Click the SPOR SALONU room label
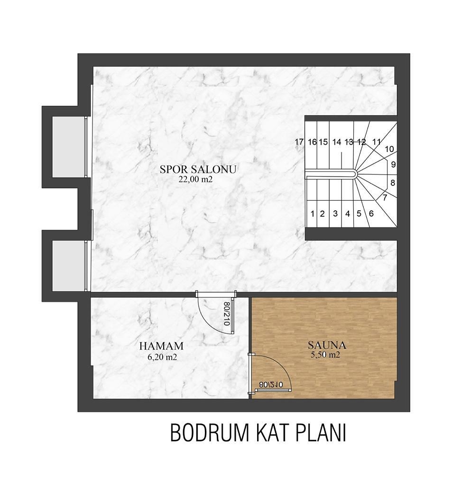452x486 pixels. point(198,169)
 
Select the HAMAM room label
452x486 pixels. point(161,346)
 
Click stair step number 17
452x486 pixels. point(299,141)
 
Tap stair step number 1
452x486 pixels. point(312,214)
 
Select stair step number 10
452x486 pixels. point(389,149)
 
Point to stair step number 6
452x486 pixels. point(371,214)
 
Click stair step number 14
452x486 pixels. point(337,141)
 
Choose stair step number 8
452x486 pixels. point(392,182)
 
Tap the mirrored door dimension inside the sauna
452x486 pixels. point(271,385)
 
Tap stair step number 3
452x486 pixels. point(335,214)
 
